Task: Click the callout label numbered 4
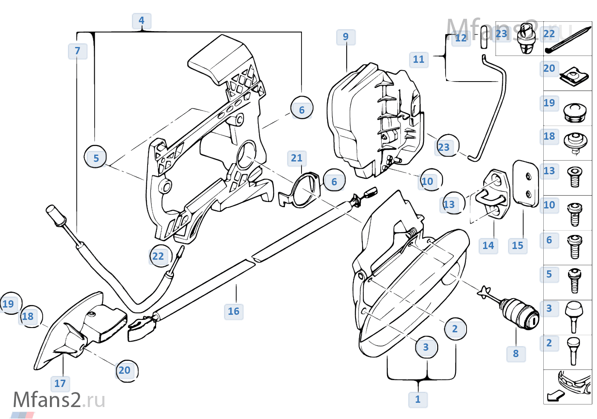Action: coord(142,21)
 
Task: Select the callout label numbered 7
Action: coord(78,51)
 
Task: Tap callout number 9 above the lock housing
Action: coord(346,37)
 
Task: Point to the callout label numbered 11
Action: coord(419,59)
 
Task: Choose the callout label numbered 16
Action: coord(234,311)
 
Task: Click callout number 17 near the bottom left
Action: coord(60,384)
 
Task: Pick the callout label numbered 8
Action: coord(516,354)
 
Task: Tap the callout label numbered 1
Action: coord(418,400)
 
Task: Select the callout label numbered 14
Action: coord(488,246)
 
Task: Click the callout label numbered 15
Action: coord(518,246)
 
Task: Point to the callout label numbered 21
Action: coord(297,158)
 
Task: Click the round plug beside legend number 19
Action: coord(574,111)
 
